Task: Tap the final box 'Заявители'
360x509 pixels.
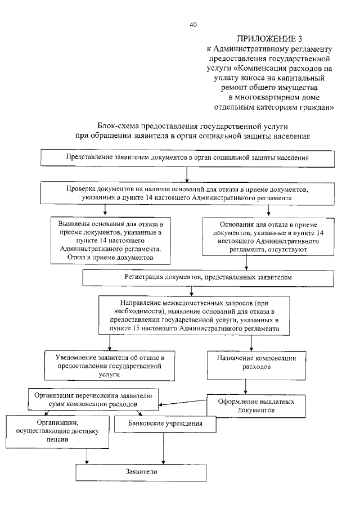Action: coord(142,471)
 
